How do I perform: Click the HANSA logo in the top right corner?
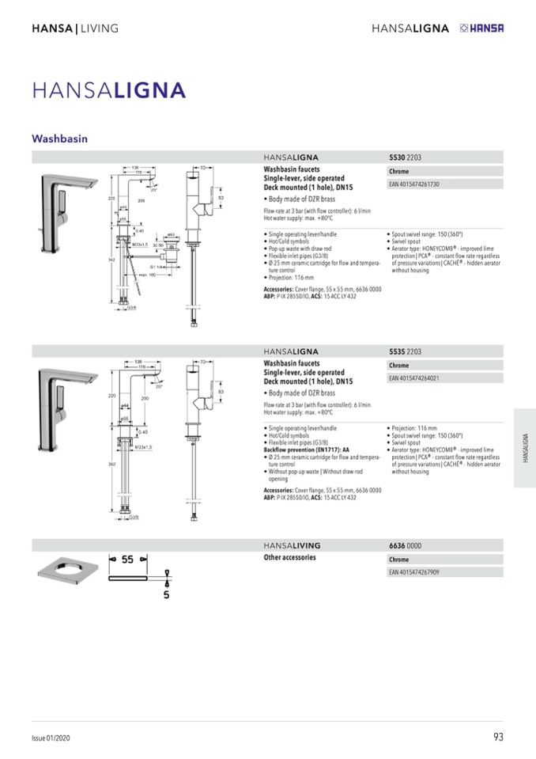[x=481, y=28]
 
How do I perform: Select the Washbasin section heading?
[x=59, y=138]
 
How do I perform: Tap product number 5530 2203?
[x=406, y=157]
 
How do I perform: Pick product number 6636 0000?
[x=406, y=545]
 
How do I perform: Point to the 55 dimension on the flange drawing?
[x=127, y=559]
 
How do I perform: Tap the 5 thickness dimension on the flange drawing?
[x=167, y=594]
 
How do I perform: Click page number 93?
[x=497, y=737]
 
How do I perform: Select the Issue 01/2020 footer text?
[x=51, y=738]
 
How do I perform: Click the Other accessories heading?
[x=289, y=558]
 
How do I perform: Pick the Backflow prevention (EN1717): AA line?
[x=306, y=449]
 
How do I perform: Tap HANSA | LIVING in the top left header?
[x=75, y=28]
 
